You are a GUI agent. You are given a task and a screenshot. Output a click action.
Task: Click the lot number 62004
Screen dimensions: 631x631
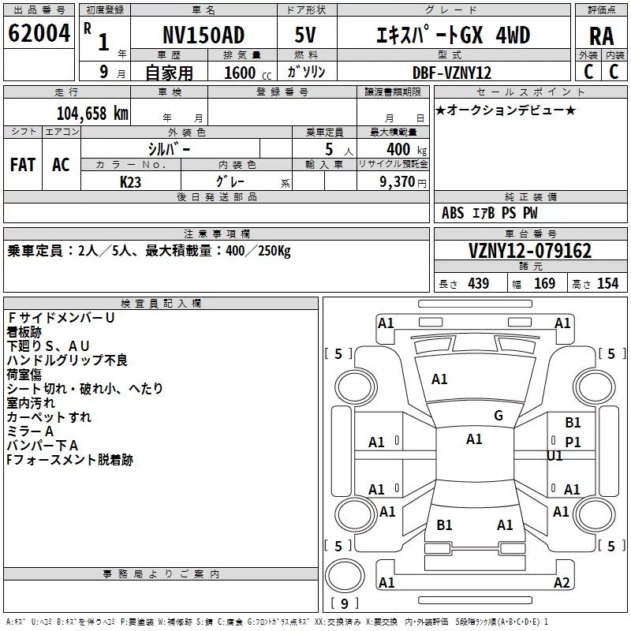click(39, 33)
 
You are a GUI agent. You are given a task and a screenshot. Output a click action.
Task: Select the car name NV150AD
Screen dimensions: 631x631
click(203, 35)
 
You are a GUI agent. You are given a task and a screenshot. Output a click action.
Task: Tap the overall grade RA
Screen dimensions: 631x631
click(602, 36)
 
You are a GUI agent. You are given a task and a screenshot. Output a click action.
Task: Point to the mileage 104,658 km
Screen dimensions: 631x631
click(92, 114)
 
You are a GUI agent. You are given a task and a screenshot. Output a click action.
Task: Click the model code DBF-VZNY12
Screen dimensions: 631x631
click(452, 73)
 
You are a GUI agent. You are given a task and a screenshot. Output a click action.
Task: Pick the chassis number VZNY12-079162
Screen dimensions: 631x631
click(530, 251)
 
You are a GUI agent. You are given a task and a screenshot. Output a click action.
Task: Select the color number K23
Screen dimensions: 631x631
click(130, 182)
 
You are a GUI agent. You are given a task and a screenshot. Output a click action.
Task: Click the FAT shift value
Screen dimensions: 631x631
click(23, 165)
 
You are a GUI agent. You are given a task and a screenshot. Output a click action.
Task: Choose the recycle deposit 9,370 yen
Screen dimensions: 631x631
click(403, 182)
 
